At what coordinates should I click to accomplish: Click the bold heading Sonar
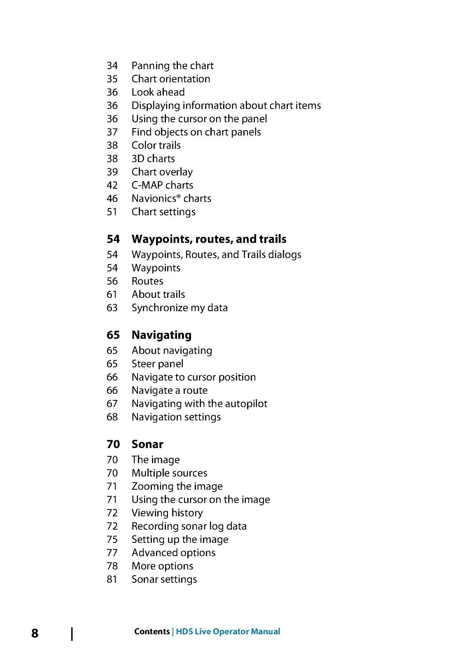(147, 444)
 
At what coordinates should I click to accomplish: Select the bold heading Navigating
(161, 335)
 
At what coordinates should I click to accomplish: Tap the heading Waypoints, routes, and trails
(209, 239)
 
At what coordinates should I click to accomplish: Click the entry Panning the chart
(172, 65)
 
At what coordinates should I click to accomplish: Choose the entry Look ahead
(158, 92)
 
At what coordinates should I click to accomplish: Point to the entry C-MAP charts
(162, 185)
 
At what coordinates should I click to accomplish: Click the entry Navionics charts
(171, 198)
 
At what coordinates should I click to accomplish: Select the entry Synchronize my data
(180, 308)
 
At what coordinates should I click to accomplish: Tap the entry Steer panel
(157, 364)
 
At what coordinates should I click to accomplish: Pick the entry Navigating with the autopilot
(199, 404)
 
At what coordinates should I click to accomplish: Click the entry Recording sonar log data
(189, 526)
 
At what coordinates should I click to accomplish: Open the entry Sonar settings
(164, 579)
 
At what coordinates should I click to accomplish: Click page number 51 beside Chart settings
(112, 212)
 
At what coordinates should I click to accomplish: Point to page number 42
(112, 185)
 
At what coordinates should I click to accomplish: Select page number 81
(112, 579)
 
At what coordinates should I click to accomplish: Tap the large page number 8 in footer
(35, 633)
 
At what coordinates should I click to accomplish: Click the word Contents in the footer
(152, 631)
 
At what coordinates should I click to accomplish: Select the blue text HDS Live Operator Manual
(228, 631)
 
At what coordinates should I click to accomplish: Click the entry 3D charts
(153, 159)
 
